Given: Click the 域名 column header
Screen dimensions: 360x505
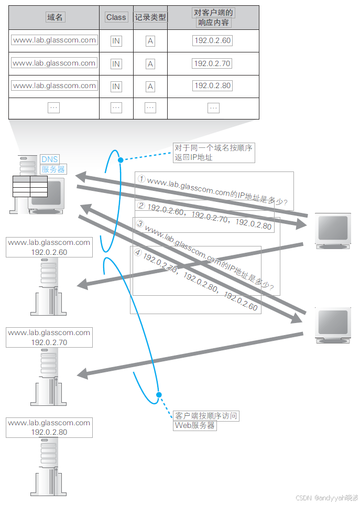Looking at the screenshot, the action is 55,17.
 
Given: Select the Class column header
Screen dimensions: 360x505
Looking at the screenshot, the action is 116,17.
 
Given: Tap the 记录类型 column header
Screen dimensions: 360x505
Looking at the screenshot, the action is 150,17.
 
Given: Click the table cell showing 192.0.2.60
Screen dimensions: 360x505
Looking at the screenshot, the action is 212,41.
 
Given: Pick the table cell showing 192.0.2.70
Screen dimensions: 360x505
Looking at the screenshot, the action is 212,63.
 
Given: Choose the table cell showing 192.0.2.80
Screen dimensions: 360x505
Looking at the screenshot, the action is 212,86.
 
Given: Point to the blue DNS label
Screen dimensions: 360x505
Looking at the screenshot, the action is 50,159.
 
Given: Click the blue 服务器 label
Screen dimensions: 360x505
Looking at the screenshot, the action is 53,169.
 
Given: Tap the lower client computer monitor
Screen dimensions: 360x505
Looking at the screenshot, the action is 332,326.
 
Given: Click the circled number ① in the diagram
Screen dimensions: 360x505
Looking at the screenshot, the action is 141,179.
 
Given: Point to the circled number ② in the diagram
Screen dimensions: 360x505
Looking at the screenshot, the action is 141,206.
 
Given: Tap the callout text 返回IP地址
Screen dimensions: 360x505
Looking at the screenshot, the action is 194,157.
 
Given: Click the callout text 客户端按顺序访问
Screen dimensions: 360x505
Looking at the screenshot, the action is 206,416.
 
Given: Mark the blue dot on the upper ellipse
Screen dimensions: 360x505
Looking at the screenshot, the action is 121,159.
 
